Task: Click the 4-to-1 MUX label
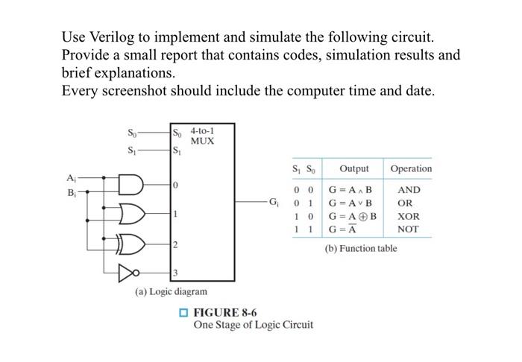click(203, 136)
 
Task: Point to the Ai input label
click(72, 178)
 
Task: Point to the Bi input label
click(72, 193)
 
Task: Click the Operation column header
click(410, 168)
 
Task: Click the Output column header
click(353, 168)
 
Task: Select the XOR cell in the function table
click(409, 217)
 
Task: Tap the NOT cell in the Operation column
click(408, 229)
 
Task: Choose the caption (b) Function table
click(360, 248)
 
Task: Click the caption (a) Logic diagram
click(171, 292)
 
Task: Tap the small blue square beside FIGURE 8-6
click(183, 313)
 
